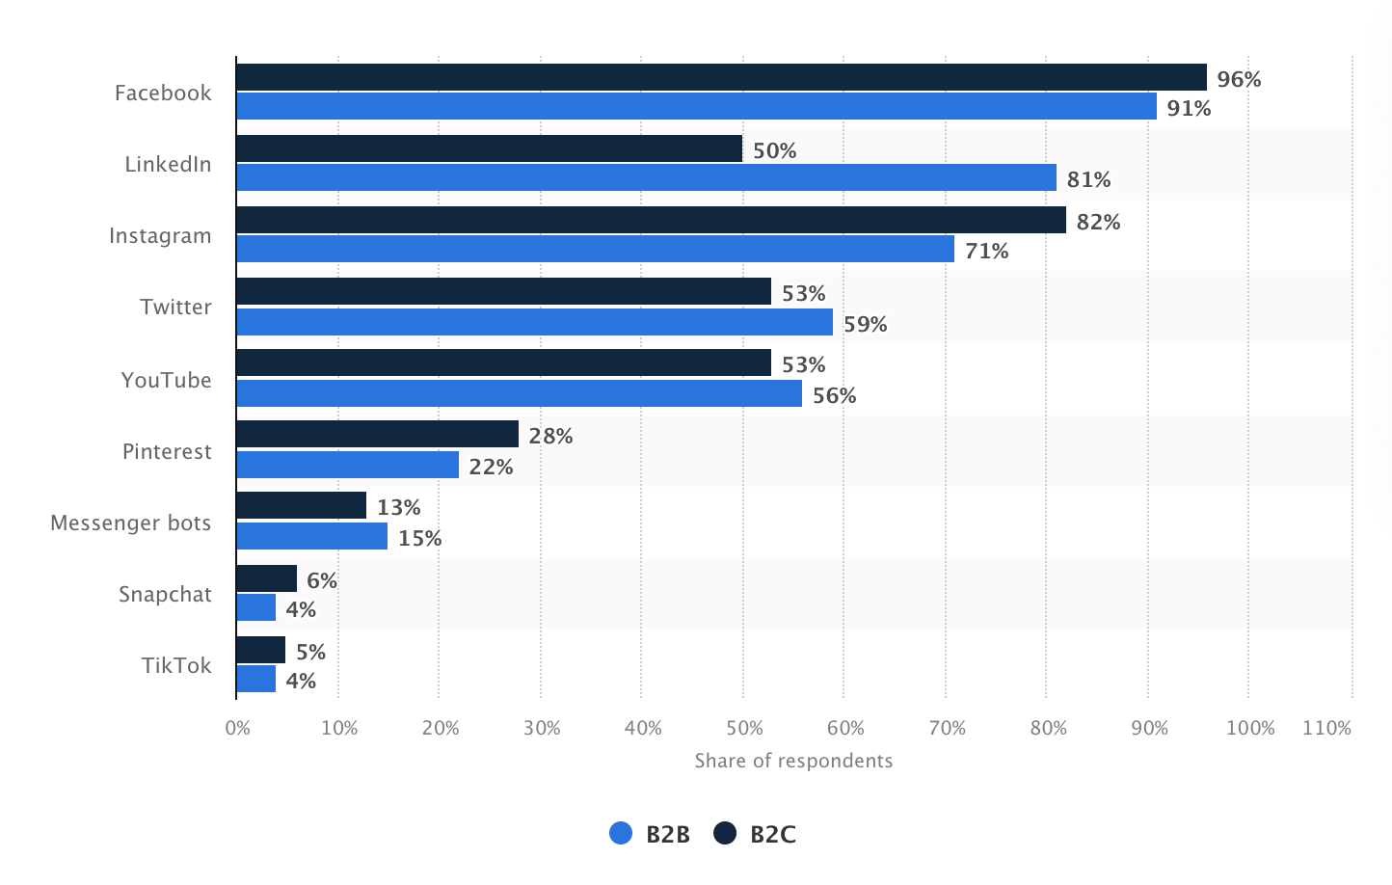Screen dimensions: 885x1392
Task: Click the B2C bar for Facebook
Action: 721,77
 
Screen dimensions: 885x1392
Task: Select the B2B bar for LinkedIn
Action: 646,177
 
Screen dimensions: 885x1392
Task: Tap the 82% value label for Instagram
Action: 1098,222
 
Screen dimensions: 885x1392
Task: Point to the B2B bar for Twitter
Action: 534,322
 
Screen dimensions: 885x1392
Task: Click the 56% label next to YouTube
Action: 834,395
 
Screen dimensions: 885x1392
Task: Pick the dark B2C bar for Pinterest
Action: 377,434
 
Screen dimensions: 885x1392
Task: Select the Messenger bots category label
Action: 130,523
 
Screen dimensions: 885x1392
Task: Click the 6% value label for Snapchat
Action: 322,580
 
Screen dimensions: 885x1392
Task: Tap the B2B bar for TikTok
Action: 255,679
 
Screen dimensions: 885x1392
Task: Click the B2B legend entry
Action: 651,834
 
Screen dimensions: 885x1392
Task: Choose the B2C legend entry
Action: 756,834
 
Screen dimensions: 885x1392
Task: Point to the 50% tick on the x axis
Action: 744,728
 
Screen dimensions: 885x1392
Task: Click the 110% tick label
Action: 1326,728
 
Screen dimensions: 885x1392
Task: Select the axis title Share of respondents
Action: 793,761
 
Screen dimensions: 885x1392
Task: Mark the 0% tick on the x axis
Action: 238,728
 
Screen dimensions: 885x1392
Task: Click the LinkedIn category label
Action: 168,164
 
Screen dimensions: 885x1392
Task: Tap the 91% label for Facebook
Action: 1189,108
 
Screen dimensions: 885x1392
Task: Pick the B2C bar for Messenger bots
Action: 301,505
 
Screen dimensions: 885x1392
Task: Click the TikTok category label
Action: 176,665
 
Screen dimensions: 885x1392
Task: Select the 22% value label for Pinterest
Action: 491,467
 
